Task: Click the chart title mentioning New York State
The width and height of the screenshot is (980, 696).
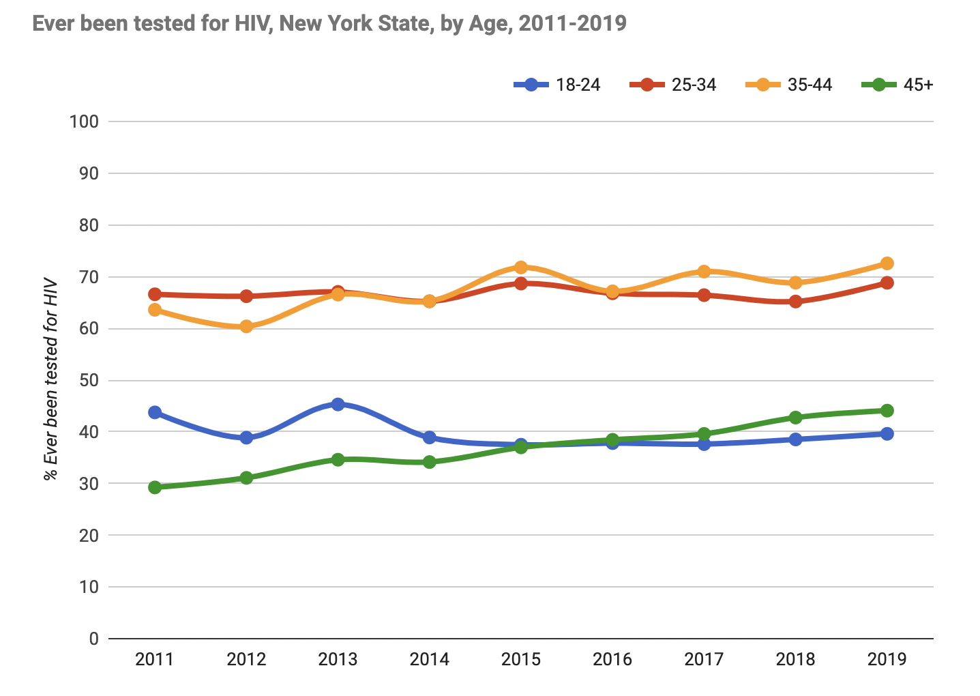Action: coord(329,24)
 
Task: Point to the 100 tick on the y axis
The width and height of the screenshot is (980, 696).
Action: coord(84,122)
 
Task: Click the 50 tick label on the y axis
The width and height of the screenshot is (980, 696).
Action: coord(89,381)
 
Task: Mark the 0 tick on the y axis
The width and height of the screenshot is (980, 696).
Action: coord(93,639)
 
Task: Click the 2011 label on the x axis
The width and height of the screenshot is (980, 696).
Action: coord(155,660)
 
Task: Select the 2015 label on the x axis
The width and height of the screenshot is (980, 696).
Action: coord(520,660)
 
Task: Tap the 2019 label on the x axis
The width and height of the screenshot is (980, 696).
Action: coord(887,660)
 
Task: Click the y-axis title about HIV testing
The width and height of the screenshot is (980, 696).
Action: coord(50,379)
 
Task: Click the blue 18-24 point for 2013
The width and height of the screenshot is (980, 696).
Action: coord(338,405)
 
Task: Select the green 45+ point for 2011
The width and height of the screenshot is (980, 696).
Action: coord(155,487)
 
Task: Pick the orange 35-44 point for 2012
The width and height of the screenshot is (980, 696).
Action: coord(246,326)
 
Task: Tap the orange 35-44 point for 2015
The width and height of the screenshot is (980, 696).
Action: coord(520,267)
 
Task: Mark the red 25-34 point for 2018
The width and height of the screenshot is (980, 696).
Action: coord(795,302)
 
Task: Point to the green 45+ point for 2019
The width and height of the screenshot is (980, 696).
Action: coord(887,411)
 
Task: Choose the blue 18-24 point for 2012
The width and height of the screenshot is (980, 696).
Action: coord(246,437)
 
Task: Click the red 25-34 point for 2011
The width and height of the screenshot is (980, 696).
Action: coord(155,294)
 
